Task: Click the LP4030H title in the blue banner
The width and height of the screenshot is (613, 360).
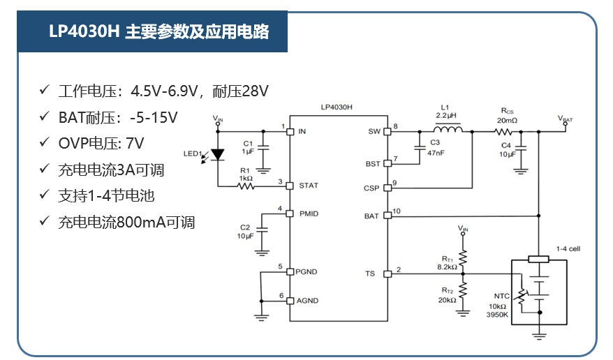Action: click(x=158, y=32)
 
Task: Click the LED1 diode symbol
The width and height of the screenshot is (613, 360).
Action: click(x=219, y=155)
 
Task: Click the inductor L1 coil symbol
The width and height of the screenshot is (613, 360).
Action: click(x=448, y=130)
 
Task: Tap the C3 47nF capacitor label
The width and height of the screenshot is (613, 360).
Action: click(x=434, y=147)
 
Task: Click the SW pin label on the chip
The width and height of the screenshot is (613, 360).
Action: click(x=374, y=131)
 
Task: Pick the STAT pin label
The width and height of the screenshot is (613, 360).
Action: click(x=308, y=186)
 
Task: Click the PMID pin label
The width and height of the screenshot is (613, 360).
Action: click(x=308, y=213)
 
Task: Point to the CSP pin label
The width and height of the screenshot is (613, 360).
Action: click(x=371, y=188)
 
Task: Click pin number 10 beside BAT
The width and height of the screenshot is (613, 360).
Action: click(x=397, y=211)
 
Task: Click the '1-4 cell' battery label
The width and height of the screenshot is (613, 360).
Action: click(x=568, y=249)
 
